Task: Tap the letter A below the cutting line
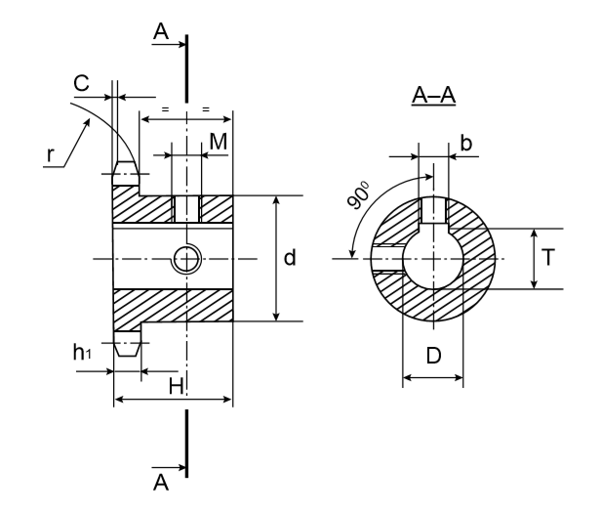(x=162, y=482)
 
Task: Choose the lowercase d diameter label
(x=290, y=258)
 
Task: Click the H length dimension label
(x=177, y=386)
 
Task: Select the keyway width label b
(x=465, y=144)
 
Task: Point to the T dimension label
(x=548, y=259)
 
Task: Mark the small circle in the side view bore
(x=186, y=259)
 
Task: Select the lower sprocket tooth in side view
(x=124, y=345)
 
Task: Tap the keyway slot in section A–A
(x=432, y=211)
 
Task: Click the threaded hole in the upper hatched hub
(x=186, y=208)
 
